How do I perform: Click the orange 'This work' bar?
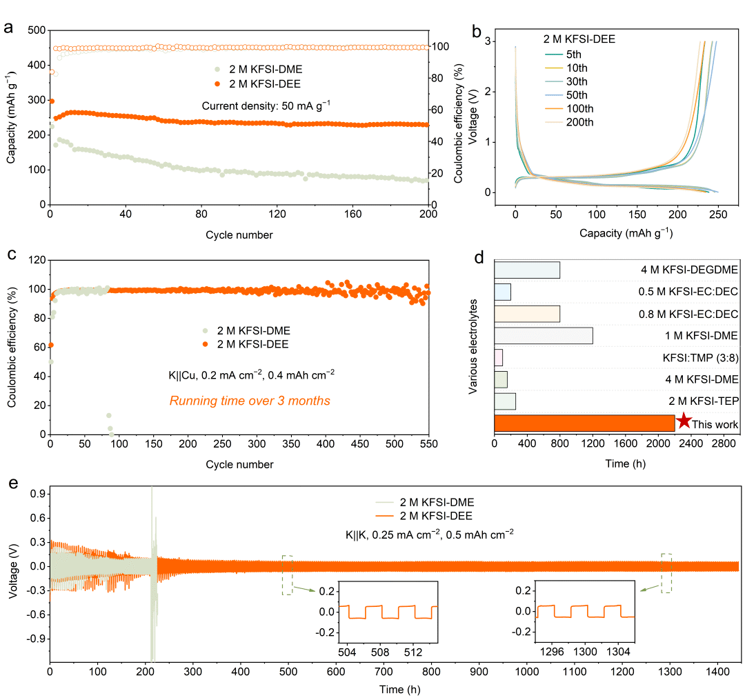tap(584, 423)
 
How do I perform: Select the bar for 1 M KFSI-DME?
tap(544, 335)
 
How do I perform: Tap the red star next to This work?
tap(684, 421)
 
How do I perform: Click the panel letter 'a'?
tap(8, 28)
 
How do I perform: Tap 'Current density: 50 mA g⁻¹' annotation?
tap(266, 106)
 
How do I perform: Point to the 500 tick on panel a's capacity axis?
tap(36, 30)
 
